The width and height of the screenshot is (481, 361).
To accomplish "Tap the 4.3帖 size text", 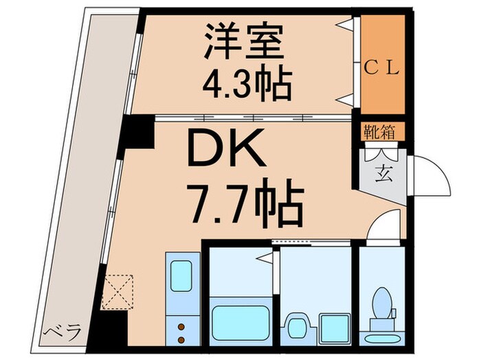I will pos(246,84).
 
